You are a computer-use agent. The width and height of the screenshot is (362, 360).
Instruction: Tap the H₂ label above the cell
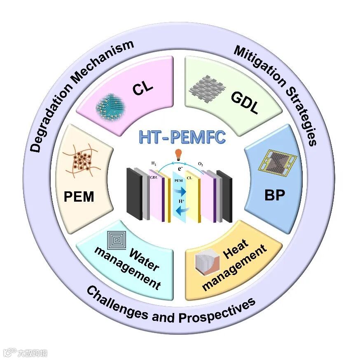[x=153, y=164]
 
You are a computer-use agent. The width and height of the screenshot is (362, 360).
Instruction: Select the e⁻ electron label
[x=180, y=169]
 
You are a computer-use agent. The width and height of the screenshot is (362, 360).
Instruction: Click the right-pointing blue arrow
[x=180, y=192]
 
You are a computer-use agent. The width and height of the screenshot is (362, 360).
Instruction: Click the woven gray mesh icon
[x=207, y=86]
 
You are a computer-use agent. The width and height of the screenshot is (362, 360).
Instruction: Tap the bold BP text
[x=275, y=195]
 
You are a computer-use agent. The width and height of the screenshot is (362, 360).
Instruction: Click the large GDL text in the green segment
[x=245, y=103]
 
